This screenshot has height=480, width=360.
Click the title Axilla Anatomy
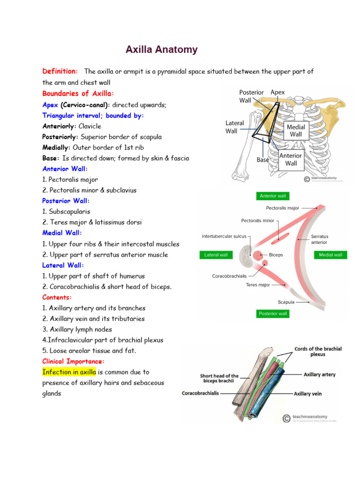(x=161, y=50)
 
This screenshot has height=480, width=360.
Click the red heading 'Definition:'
(x=60, y=71)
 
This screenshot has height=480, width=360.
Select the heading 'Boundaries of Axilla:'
(x=78, y=93)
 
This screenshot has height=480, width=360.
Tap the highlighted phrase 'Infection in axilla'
(x=69, y=372)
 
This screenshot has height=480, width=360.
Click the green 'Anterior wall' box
(x=272, y=196)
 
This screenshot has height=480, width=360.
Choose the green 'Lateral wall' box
(x=216, y=255)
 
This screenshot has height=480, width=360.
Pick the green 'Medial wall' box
(x=330, y=255)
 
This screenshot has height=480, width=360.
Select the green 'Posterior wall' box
(x=272, y=314)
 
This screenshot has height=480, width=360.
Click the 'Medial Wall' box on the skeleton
(x=296, y=131)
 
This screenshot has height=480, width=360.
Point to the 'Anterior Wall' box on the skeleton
(x=291, y=159)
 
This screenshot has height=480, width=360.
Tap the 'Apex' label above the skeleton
(x=277, y=93)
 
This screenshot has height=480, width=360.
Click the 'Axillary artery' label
(x=320, y=375)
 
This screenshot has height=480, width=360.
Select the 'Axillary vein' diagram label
(x=307, y=394)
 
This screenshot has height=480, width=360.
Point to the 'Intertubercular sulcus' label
(x=224, y=237)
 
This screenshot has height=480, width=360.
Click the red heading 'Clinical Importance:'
(x=74, y=361)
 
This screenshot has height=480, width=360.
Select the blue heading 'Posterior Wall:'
(x=63, y=201)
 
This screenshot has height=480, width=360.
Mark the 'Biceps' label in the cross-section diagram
(x=276, y=255)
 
